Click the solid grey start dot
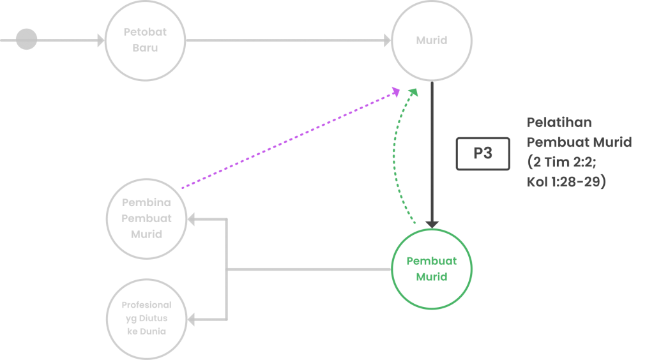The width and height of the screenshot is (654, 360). pos(26,40)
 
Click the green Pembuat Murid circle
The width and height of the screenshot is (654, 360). pos(432,269)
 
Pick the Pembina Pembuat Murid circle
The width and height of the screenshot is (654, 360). pos(147,218)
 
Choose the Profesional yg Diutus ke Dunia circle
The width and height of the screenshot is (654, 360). pos(146,319)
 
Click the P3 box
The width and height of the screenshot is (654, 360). pos(483,154)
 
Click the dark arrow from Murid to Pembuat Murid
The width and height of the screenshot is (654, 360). pos(432,153)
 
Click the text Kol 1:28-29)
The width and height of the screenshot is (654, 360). pos(567,181)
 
